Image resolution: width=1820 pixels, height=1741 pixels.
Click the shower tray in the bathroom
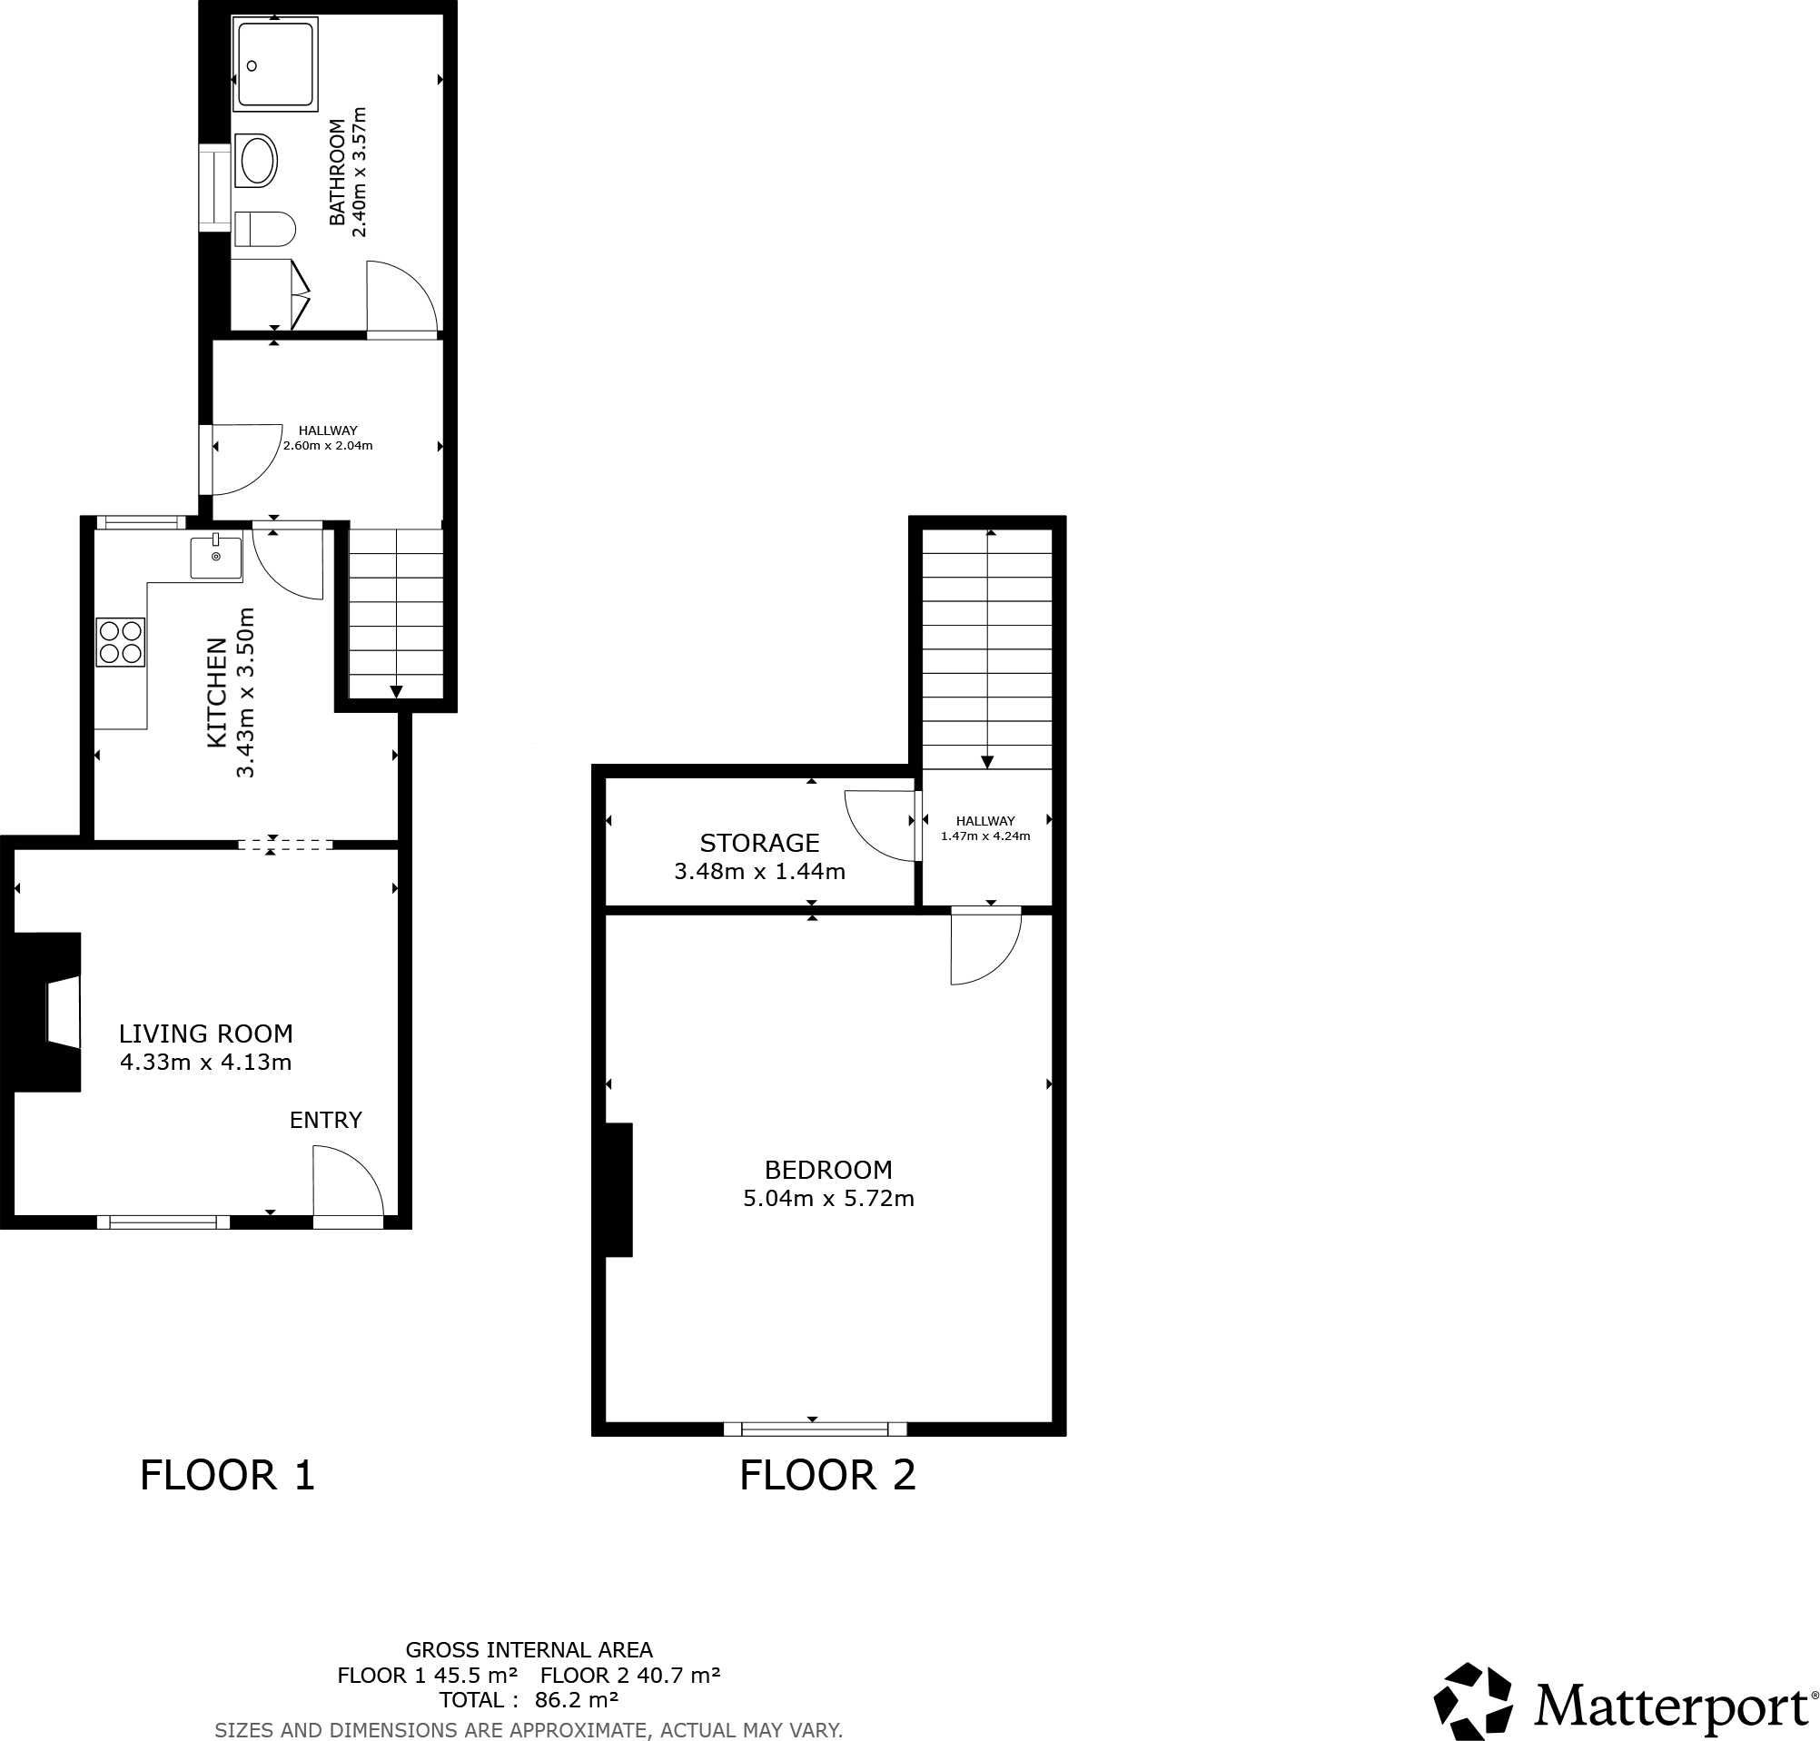(x=277, y=66)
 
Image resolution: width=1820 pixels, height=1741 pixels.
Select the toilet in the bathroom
(x=264, y=228)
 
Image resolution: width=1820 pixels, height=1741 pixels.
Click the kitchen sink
(x=215, y=557)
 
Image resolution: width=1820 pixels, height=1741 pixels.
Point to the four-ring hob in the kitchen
(x=121, y=642)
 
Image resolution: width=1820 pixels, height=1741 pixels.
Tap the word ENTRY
(x=325, y=1120)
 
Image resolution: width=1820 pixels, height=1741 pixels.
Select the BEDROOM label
(x=828, y=1170)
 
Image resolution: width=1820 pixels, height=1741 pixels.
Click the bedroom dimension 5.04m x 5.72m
(x=828, y=1198)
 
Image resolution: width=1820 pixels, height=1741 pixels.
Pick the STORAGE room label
(x=759, y=843)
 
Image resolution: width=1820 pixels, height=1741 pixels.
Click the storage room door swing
(x=877, y=824)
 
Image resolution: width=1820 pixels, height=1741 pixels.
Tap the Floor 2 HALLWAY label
(x=984, y=820)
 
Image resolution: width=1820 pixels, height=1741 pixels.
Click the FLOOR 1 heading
(x=227, y=1476)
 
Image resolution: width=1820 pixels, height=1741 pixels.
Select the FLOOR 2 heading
(x=827, y=1476)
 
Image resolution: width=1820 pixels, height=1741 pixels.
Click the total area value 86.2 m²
(x=577, y=1700)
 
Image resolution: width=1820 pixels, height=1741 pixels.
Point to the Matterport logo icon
(x=1473, y=1701)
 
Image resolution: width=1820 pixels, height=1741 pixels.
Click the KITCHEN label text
(x=215, y=692)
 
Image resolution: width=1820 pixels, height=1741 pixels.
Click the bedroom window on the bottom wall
(x=814, y=1429)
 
